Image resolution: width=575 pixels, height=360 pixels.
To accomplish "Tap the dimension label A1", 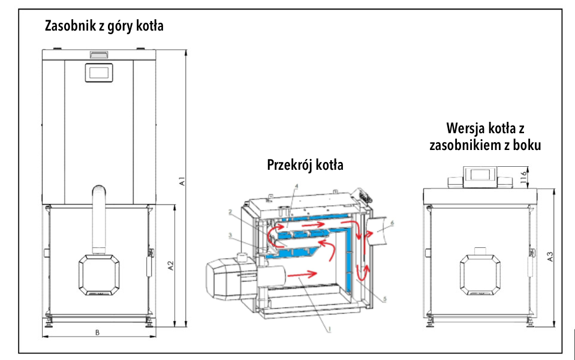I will (x=182, y=181).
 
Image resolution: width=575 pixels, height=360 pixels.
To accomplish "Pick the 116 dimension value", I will (x=523, y=177).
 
